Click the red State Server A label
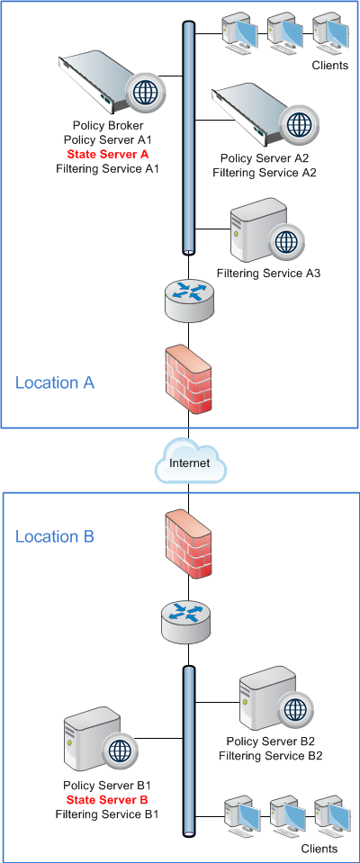point(108,154)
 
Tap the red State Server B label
point(107,800)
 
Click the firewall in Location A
point(188,378)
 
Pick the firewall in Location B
point(188,544)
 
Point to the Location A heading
point(55,382)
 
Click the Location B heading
point(55,536)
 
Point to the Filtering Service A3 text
point(268,273)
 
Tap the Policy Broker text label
point(108,125)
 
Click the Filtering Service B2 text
point(270,756)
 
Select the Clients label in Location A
point(330,66)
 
